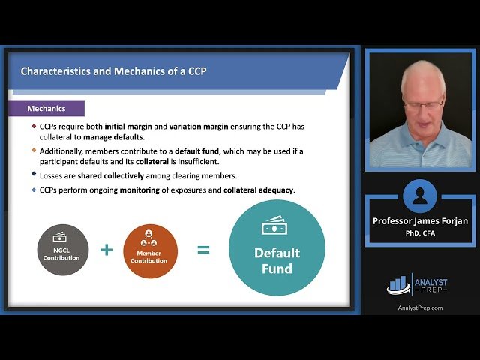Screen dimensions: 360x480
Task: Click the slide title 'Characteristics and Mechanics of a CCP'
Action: [113, 72]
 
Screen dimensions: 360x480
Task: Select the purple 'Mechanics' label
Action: [46, 109]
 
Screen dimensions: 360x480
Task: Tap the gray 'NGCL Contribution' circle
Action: [63, 250]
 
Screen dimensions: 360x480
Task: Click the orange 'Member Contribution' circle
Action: [151, 250]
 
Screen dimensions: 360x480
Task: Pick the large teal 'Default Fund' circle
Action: [277, 247]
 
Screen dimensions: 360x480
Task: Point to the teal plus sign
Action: [106, 250]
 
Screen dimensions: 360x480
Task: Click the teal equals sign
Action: [203, 250]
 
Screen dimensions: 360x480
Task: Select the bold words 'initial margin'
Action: [129, 126]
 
